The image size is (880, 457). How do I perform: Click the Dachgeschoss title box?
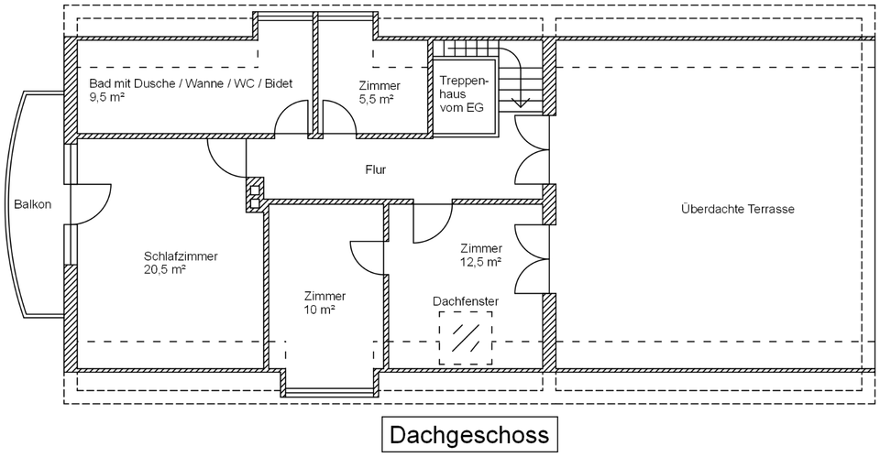469,433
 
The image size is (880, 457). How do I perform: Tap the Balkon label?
33,205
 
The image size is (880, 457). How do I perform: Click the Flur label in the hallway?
376,170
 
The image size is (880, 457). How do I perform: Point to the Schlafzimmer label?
181,256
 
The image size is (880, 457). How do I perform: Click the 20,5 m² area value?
165,270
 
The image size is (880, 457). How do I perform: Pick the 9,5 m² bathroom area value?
107,95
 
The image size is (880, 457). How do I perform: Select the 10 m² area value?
320,310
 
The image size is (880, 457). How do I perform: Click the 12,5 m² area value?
480,262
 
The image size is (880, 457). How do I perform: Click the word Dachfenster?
466,300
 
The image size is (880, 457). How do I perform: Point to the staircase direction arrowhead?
520,103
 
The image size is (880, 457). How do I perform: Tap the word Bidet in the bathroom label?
278,83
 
